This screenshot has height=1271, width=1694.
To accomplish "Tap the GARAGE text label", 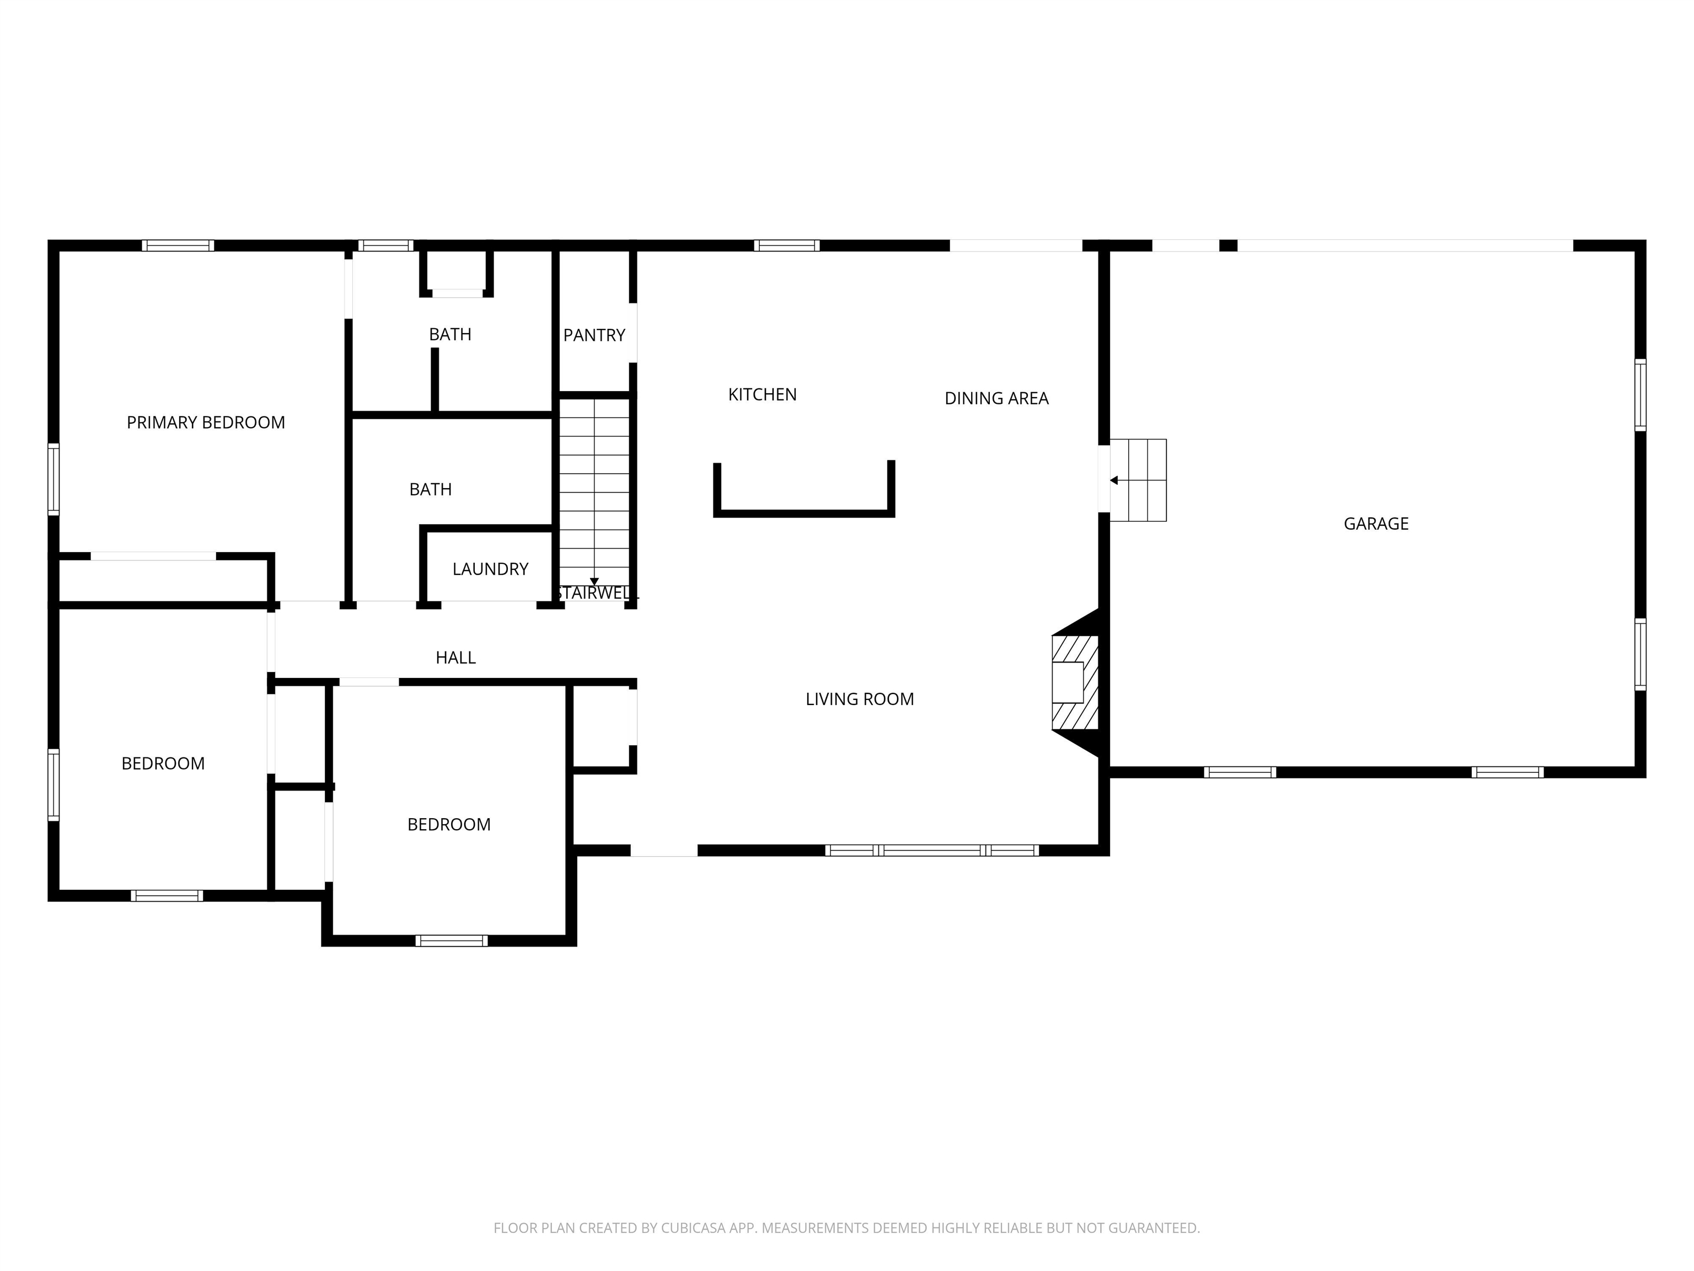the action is click(x=1376, y=524).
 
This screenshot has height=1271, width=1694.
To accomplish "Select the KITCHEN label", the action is click(x=762, y=394).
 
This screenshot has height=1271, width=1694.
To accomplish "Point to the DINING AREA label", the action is click(x=996, y=398).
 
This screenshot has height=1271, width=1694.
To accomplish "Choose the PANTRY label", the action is click(x=594, y=335).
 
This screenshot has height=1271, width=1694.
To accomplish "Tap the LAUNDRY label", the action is click(x=490, y=569).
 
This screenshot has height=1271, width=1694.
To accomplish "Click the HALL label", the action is click(x=455, y=658).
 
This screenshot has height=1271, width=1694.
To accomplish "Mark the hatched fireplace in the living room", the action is click(x=1075, y=682).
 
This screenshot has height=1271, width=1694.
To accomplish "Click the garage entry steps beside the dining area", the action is click(x=1138, y=480).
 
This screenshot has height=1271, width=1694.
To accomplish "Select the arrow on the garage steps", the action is click(x=1114, y=480).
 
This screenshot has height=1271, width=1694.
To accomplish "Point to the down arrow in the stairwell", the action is click(x=594, y=581).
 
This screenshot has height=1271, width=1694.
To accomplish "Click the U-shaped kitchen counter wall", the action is click(x=804, y=512).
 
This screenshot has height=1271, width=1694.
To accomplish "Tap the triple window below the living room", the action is click(x=932, y=850).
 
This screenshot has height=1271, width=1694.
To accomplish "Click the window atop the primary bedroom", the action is click(x=178, y=246).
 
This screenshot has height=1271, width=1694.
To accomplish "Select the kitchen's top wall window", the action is click(x=786, y=246).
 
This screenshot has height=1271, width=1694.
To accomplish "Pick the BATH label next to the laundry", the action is click(x=430, y=489).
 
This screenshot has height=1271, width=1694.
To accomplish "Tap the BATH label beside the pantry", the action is click(x=451, y=335).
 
